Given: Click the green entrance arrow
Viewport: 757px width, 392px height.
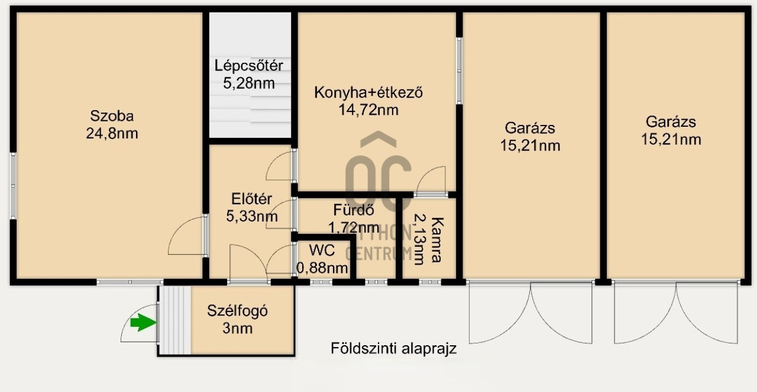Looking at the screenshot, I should pos(141,323).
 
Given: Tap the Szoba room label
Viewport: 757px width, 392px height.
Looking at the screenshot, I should pos(112,116).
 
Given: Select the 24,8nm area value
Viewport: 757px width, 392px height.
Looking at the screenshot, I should pos(112,134).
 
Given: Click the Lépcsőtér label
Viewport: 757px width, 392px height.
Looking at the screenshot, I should pos(248,66).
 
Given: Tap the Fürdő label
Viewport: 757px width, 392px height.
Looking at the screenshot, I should pos(353,210).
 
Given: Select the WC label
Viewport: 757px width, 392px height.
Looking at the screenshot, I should pos(322,250).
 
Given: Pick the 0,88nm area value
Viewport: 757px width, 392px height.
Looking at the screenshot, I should pos(322,268).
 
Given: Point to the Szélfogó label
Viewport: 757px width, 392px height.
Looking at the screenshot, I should pos(237,311).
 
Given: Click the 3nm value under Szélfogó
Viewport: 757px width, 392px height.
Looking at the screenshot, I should pos(237,329).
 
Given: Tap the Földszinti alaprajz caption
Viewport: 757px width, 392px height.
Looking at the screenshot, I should pos(393,349).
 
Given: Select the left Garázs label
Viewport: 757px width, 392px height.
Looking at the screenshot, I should pos(530,127).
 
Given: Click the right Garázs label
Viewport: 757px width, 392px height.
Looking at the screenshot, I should pos(671,123).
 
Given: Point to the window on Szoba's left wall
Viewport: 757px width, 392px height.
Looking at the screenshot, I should pos(12,187).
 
